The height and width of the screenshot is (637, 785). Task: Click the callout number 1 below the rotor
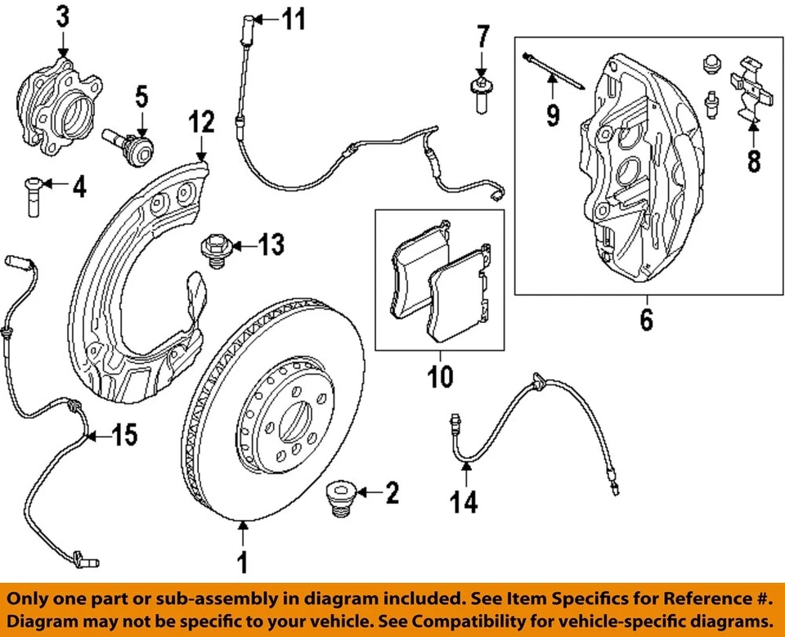point(242,563)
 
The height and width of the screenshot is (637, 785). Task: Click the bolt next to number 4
point(30,195)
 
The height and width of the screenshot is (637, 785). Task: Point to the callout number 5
point(141,98)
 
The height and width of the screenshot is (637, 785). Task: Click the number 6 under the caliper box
point(646,320)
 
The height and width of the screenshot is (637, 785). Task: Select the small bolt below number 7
point(480,96)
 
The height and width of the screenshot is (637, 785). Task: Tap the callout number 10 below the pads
point(440,378)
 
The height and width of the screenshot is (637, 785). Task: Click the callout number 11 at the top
point(293,19)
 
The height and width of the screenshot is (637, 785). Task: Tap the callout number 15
point(124,437)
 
